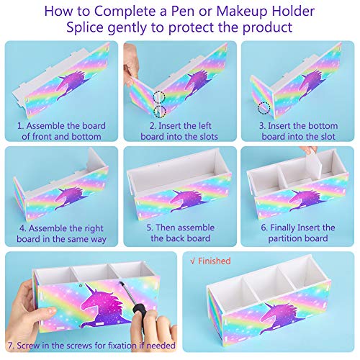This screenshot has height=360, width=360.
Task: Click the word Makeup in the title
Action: pos(241,12)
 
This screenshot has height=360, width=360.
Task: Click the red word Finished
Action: pos(215,261)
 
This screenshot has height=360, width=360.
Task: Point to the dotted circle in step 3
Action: pos(264,108)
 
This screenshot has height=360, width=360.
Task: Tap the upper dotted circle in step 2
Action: pos(159,97)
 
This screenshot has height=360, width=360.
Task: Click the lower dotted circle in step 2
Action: pos(160,112)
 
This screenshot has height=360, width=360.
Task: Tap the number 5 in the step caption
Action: pos(149,228)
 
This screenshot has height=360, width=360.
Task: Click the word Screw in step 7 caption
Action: pos(28,346)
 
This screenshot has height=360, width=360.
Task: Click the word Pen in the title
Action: pos(183,12)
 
